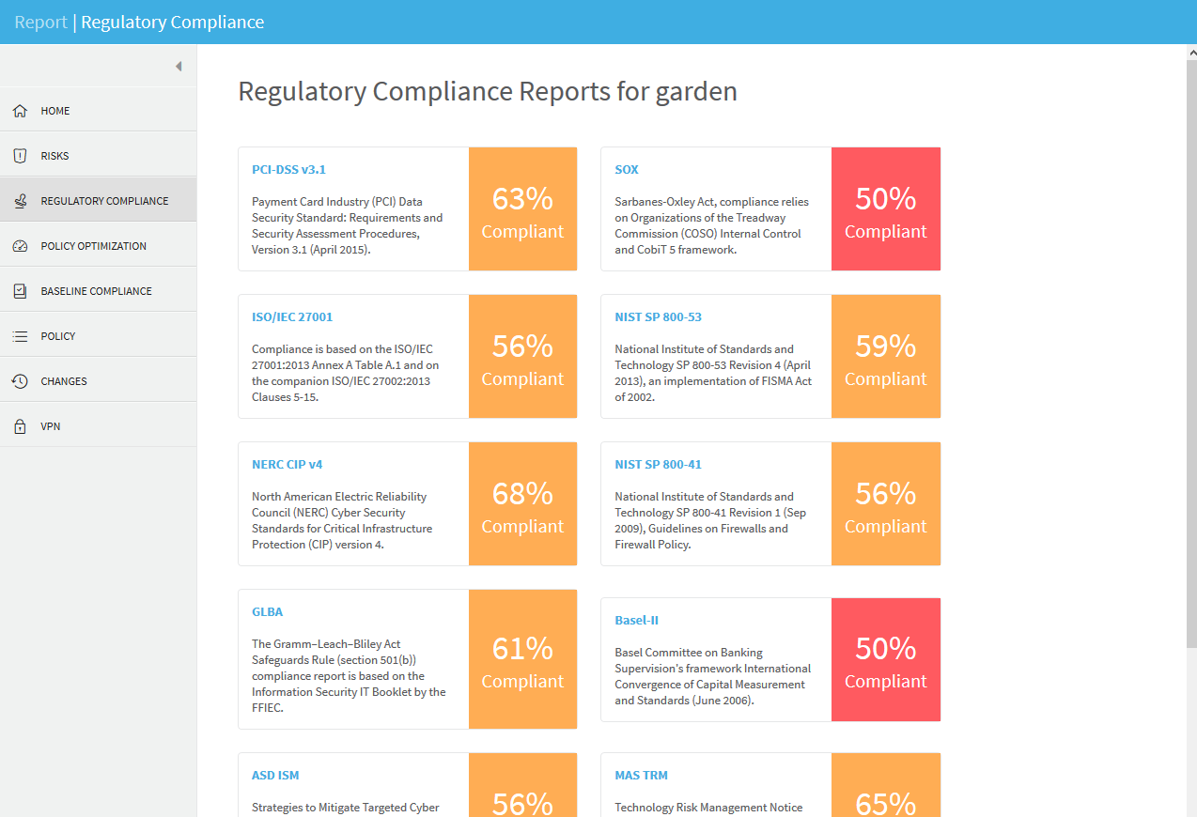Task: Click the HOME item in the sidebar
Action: point(54,111)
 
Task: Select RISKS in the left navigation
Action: point(54,156)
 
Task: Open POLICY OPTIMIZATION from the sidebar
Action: point(93,246)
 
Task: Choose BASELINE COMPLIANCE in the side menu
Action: point(96,291)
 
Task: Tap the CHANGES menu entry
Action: point(63,381)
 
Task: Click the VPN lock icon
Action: point(20,426)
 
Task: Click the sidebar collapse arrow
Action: point(179,67)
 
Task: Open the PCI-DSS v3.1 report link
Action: point(288,170)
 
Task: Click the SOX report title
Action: point(627,170)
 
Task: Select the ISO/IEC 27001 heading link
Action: point(292,317)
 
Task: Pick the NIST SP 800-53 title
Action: point(658,317)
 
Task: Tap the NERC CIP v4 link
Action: point(287,465)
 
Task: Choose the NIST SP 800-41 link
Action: point(658,465)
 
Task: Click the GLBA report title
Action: point(267,612)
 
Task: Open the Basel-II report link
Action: point(637,621)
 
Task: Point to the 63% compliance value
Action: point(522,199)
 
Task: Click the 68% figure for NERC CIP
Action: point(522,494)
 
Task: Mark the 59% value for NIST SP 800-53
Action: point(885,347)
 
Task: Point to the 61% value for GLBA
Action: point(522,649)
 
